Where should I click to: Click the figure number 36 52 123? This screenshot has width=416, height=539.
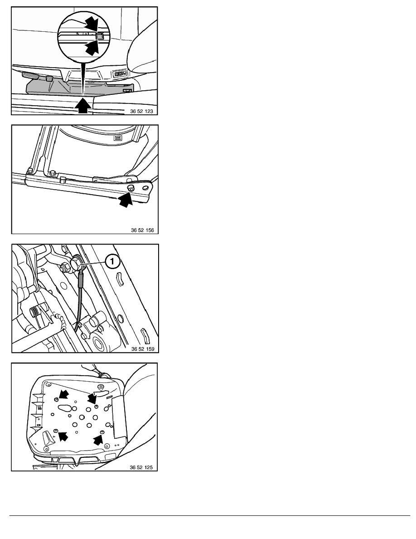(x=141, y=111)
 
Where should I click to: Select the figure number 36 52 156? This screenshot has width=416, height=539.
(x=142, y=230)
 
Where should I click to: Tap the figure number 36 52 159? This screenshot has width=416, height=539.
(x=143, y=348)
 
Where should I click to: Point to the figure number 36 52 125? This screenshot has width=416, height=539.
(x=141, y=467)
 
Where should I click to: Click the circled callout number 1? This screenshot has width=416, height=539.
(x=112, y=262)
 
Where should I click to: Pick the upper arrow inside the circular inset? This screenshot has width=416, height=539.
(x=91, y=24)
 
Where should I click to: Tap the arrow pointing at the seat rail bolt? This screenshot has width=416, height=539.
(x=125, y=199)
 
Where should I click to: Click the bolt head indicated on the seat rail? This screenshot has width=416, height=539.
(x=131, y=188)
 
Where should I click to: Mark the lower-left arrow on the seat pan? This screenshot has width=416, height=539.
(x=63, y=436)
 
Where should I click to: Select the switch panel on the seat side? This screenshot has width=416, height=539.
(x=120, y=73)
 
